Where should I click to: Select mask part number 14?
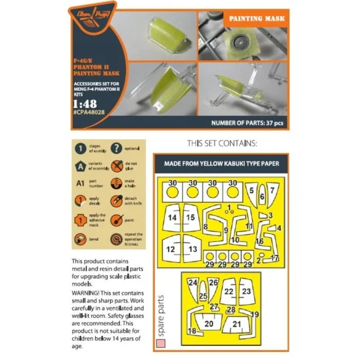click(x=173, y=217)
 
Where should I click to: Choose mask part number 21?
click(x=237, y=323)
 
